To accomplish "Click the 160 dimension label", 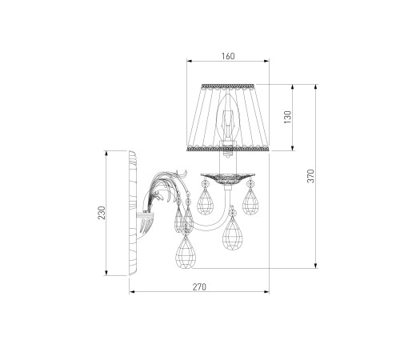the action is (228, 56).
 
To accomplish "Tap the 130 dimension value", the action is (288, 117).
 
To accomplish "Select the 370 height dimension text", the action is (311, 176).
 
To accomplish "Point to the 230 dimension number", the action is (102, 213).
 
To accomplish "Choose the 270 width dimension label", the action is (199, 287).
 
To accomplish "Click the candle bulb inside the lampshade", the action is (228, 118).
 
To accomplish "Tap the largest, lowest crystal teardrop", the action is (186, 252).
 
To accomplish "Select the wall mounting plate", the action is (133, 214).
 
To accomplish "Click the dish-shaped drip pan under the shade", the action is (228, 178).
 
